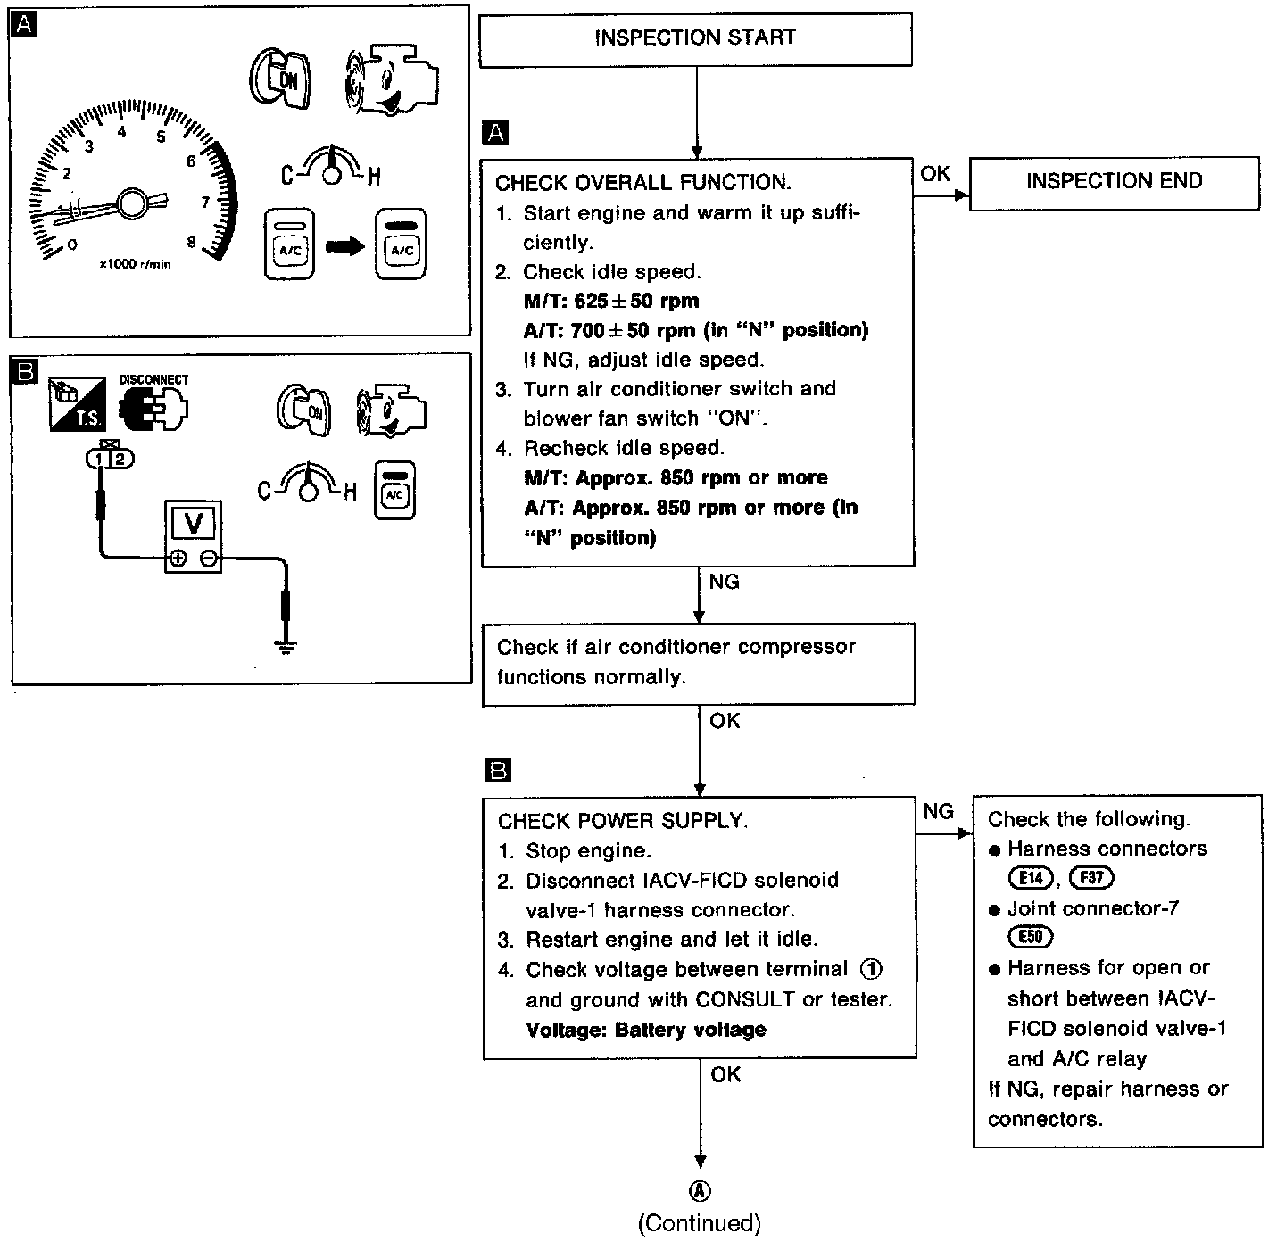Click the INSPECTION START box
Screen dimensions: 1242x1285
pos(695,38)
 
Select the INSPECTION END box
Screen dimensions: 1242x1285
pos(1114,182)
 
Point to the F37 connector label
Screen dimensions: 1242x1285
pos(1091,878)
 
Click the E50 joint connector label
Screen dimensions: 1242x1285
pos(1031,938)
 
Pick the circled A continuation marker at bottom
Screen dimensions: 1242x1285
pos(701,1190)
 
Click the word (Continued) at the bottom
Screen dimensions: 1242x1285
pos(700,1223)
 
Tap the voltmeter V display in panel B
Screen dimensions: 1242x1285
pos(194,525)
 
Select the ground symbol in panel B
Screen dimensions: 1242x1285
pos(286,644)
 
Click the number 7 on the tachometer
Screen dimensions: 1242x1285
pos(205,203)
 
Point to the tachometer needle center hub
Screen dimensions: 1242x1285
pos(132,203)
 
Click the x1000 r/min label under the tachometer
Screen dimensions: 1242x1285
pos(135,265)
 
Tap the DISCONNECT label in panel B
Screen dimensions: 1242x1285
pos(153,380)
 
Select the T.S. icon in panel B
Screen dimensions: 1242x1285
pos(76,402)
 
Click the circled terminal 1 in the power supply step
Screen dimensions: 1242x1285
pos(871,969)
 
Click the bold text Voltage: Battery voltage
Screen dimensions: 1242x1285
pos(646,1030)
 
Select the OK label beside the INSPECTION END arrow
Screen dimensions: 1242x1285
pos(935,174)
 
